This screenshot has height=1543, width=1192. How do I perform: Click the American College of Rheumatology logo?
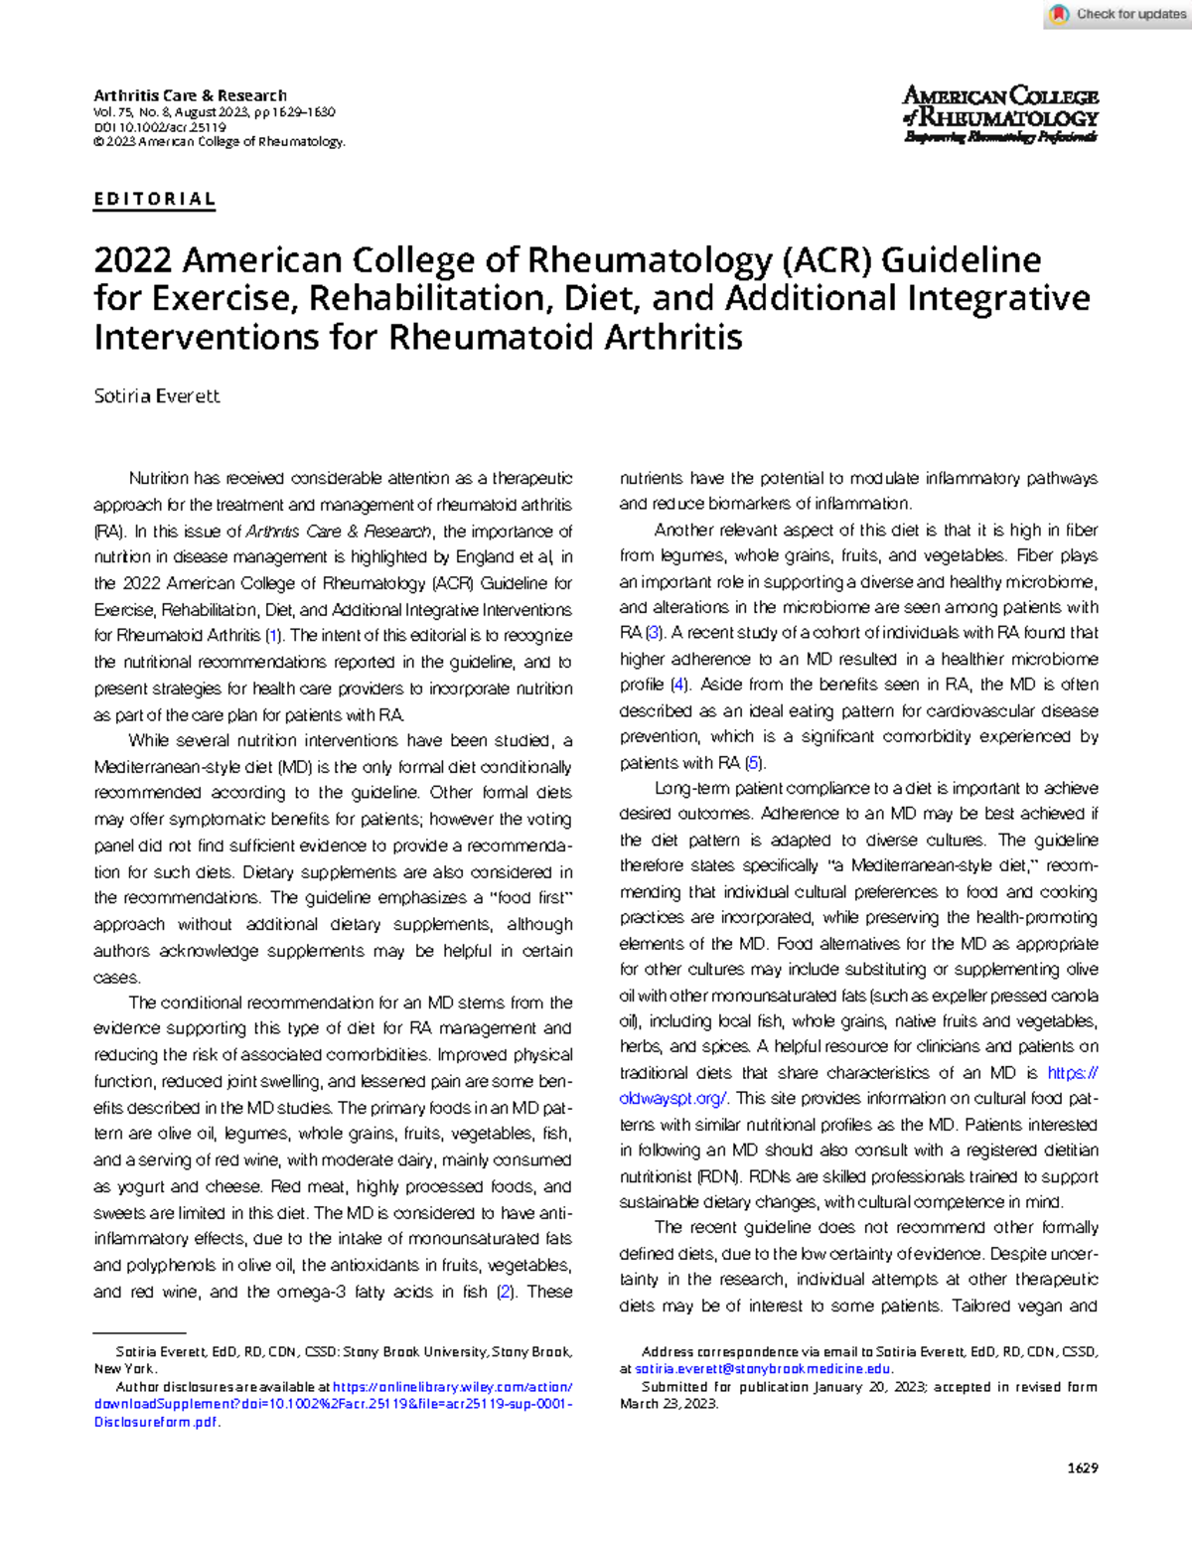coord(999,114)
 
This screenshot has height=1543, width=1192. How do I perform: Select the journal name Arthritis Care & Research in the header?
coord(190,95)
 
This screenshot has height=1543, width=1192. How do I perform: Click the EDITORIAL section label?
coord(154,199)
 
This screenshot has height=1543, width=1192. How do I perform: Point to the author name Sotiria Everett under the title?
coord(156,395)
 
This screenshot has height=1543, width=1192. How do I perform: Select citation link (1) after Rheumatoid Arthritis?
coord(273,636)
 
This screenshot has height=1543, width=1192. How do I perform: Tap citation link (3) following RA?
coord(654,633)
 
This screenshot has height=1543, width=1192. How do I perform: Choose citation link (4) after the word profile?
coord(679,685)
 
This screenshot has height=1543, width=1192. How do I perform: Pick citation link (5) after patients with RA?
coord(755,763)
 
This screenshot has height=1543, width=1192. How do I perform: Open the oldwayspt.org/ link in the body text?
coord(672,1098)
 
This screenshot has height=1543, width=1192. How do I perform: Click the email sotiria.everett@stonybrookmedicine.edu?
coord(763,1369)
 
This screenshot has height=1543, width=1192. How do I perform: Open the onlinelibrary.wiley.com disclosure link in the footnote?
coord(452,1387)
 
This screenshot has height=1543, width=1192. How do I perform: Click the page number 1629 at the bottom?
coord(1082,1467)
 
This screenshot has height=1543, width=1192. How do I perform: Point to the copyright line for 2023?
coord(219,142)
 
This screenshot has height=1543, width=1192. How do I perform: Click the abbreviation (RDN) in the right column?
coord(717,1176)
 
